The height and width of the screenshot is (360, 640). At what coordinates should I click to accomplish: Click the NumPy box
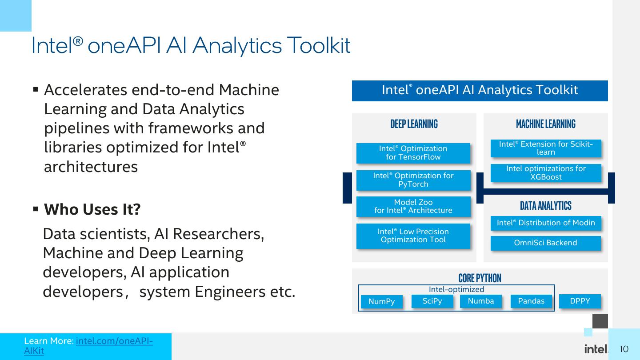(381, 302)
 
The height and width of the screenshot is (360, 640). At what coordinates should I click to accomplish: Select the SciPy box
(432, 301)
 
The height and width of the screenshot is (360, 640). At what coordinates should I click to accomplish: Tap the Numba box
(480, 301)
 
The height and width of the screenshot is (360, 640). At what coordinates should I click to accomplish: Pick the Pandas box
(531, 301)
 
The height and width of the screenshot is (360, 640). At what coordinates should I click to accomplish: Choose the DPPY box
(580, 301)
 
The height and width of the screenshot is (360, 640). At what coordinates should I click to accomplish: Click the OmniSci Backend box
(545, 243)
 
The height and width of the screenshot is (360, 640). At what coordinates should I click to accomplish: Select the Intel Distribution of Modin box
(546, 223)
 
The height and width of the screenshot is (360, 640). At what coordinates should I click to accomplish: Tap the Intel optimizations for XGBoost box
(546, 173)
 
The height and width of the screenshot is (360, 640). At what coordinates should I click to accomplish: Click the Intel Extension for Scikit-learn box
(546, 148)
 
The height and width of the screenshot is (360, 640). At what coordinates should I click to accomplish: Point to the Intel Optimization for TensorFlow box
(413, 153)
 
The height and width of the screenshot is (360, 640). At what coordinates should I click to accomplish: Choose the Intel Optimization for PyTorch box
(413, 180)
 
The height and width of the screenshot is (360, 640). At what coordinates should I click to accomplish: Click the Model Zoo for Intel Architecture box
(413, 207)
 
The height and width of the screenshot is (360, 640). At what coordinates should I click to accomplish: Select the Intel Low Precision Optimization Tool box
(413, 236)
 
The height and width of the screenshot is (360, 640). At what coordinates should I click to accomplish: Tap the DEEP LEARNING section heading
(414, 124)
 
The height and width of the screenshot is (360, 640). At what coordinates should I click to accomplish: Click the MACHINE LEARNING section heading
(545, 124)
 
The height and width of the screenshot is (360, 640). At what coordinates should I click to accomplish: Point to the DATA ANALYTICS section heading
(545, 206)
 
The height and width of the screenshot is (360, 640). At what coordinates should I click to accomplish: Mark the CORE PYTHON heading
(480, 278)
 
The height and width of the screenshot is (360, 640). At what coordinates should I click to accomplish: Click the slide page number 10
(624, 349)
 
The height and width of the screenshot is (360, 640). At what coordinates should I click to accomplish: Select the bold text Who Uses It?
(92, 209)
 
